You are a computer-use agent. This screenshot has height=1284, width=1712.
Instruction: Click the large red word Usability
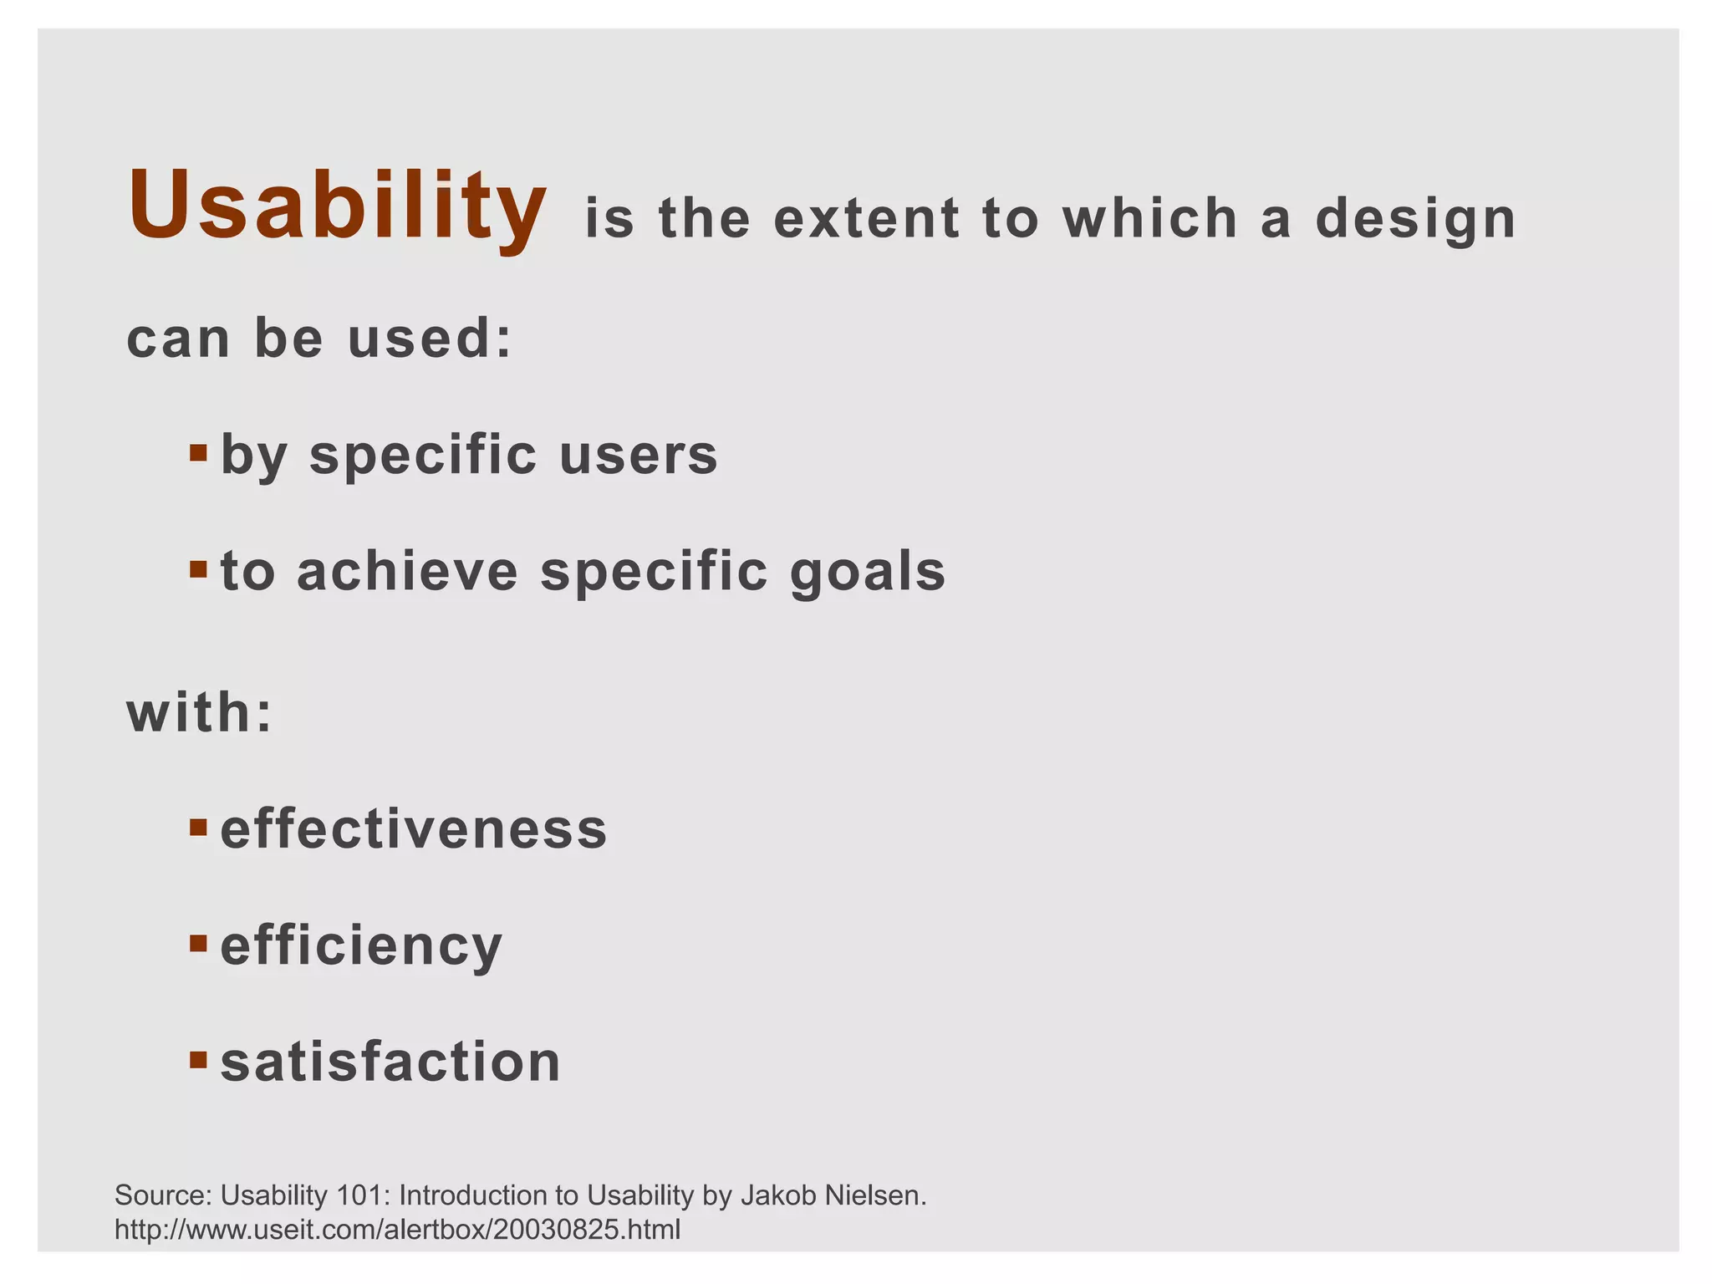click(x=337, y=206)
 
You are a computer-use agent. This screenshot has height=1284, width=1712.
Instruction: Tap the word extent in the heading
click(x=867, y=219)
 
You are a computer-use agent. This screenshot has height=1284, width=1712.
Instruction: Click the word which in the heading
click(x=1150, y=219)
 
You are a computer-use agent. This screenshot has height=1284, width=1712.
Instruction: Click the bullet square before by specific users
click(x=198, y=454)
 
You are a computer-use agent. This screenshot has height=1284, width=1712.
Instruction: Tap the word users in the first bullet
click(x=639, y=456)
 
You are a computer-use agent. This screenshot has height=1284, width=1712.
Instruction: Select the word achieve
click(x=407, y=572)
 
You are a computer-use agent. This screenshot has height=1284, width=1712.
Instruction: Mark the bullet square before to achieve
click(x=198, y=570)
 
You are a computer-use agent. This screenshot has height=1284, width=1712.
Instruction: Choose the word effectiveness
click(x=414, y=829)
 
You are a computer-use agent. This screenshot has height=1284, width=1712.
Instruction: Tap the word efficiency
click(x=361, y=946)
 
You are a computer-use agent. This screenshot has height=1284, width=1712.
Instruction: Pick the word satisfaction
click(x=390, y=1062)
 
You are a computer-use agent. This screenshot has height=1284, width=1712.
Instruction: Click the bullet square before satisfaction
click(x=198, y=1060)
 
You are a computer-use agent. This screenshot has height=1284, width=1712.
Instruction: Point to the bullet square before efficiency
click(x=198, y=944)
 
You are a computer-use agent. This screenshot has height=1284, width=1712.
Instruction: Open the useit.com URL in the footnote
click(x=397, y=1230)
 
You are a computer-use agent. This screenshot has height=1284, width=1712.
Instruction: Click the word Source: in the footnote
click(x=164, y=1195)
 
